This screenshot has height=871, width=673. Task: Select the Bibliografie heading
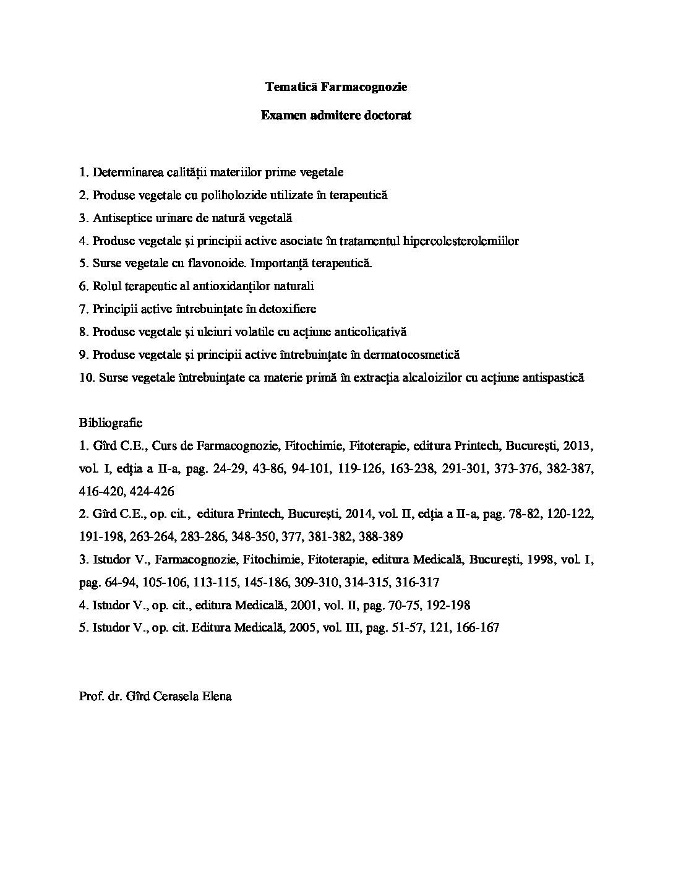click(x=111, y=423)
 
